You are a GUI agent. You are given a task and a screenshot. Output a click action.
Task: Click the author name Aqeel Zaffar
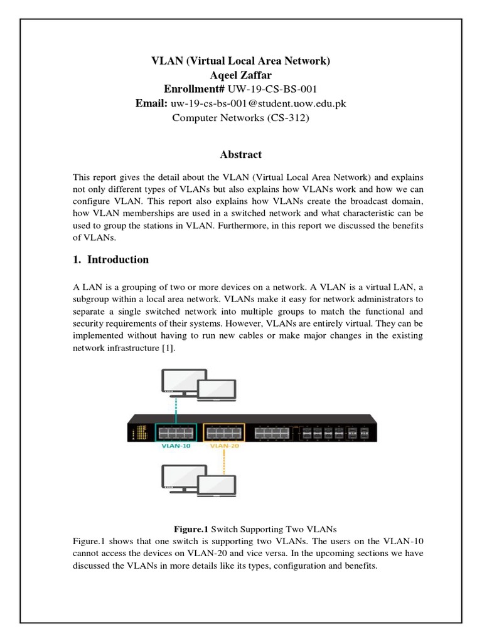point(240,75)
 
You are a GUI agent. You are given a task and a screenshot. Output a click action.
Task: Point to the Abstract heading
point(240,154)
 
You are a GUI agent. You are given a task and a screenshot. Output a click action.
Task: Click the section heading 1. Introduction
point(111,260)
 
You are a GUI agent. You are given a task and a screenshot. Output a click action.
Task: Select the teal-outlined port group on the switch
point(175,432)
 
